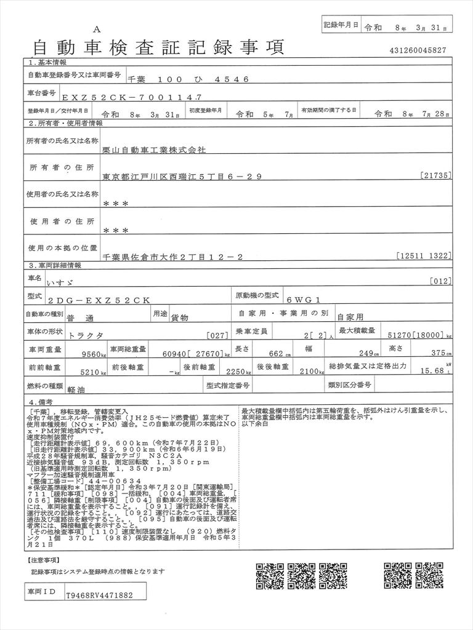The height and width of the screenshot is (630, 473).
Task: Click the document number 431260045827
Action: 418,50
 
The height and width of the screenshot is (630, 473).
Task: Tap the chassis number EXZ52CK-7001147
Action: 127,97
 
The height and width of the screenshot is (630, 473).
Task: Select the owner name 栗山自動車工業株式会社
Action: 155,149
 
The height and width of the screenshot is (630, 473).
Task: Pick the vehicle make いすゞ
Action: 60,281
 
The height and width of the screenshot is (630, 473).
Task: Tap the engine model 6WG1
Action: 304,299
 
